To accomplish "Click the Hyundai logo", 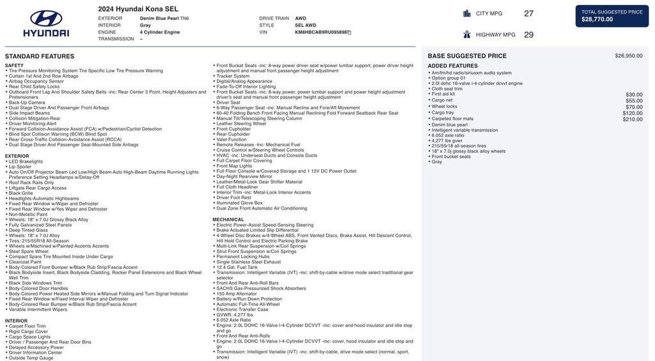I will click(45, 23).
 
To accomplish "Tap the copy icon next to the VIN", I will click(349, 32).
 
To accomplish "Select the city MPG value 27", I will click(528, 13).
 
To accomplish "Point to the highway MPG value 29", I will click(528, 35).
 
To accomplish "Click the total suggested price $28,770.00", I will click(597, 19).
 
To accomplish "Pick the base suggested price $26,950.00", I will click(628, 56).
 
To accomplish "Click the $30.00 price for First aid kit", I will click(634, 95).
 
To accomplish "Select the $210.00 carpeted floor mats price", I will click(633, 119).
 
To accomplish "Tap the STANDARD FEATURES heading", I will click(40, 56).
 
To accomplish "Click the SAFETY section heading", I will click(14, 65).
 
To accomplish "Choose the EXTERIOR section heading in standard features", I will click(17, 156).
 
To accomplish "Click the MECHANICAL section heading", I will click(228, 219).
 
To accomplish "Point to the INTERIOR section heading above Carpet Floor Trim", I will click(16, 321).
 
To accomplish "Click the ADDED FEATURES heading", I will click(452, 66).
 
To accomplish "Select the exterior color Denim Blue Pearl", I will click(160, 19).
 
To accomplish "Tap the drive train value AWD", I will click(300, 19).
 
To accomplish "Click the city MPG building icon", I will click(467, 13).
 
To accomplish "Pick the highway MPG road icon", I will click(467, 35).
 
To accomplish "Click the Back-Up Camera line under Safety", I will click(27, 102).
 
